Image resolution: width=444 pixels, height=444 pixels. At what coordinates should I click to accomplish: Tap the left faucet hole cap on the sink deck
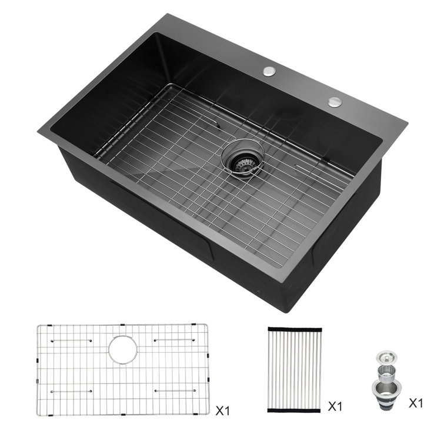point(269,71)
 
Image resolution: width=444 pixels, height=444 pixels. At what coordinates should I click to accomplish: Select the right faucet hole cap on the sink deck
point(335,101)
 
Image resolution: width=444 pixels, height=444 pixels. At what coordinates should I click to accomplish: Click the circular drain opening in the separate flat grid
point(123,348)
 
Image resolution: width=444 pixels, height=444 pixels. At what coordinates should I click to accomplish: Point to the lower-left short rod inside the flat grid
point(72,391)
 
